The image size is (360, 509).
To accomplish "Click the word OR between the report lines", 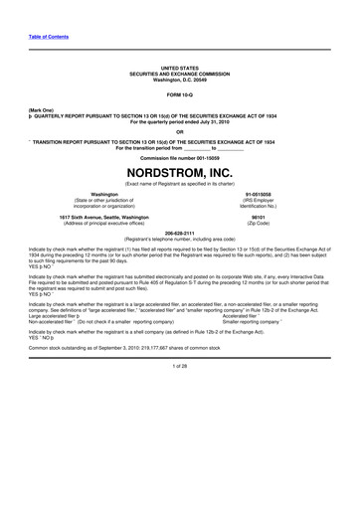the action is click(x=180, y=132).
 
